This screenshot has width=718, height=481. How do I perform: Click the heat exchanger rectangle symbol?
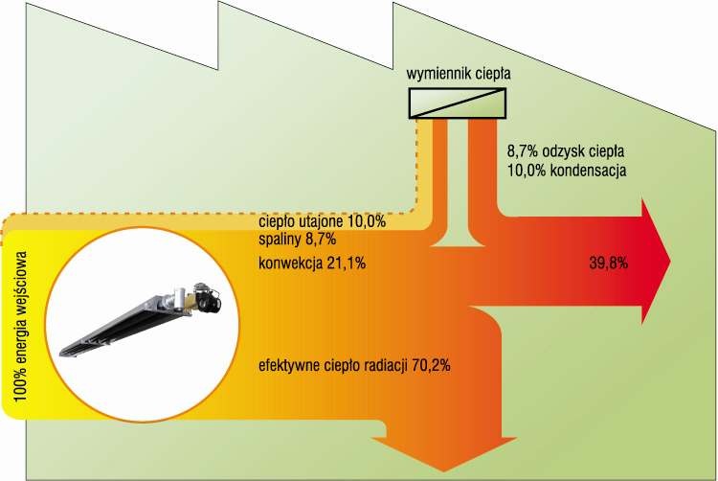458,103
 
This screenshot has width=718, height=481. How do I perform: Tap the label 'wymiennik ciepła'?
459,73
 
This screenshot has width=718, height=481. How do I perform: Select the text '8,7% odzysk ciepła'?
566,150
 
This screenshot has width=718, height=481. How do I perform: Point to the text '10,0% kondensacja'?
567,171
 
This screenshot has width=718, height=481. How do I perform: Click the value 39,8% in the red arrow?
609,263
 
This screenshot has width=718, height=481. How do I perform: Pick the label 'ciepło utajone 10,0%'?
323,221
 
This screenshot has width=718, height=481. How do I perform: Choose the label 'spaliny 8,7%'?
298,239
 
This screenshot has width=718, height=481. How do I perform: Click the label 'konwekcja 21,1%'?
312,263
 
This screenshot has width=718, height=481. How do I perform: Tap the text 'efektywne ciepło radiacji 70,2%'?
354,366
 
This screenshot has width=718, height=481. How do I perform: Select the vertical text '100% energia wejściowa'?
20,326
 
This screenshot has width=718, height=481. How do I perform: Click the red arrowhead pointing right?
655,262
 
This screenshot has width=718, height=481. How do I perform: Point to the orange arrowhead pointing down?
443,454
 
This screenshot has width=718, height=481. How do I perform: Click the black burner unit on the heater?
207,296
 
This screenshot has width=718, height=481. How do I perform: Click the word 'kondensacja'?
589,171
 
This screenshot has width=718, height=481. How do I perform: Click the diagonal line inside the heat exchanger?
458,103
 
